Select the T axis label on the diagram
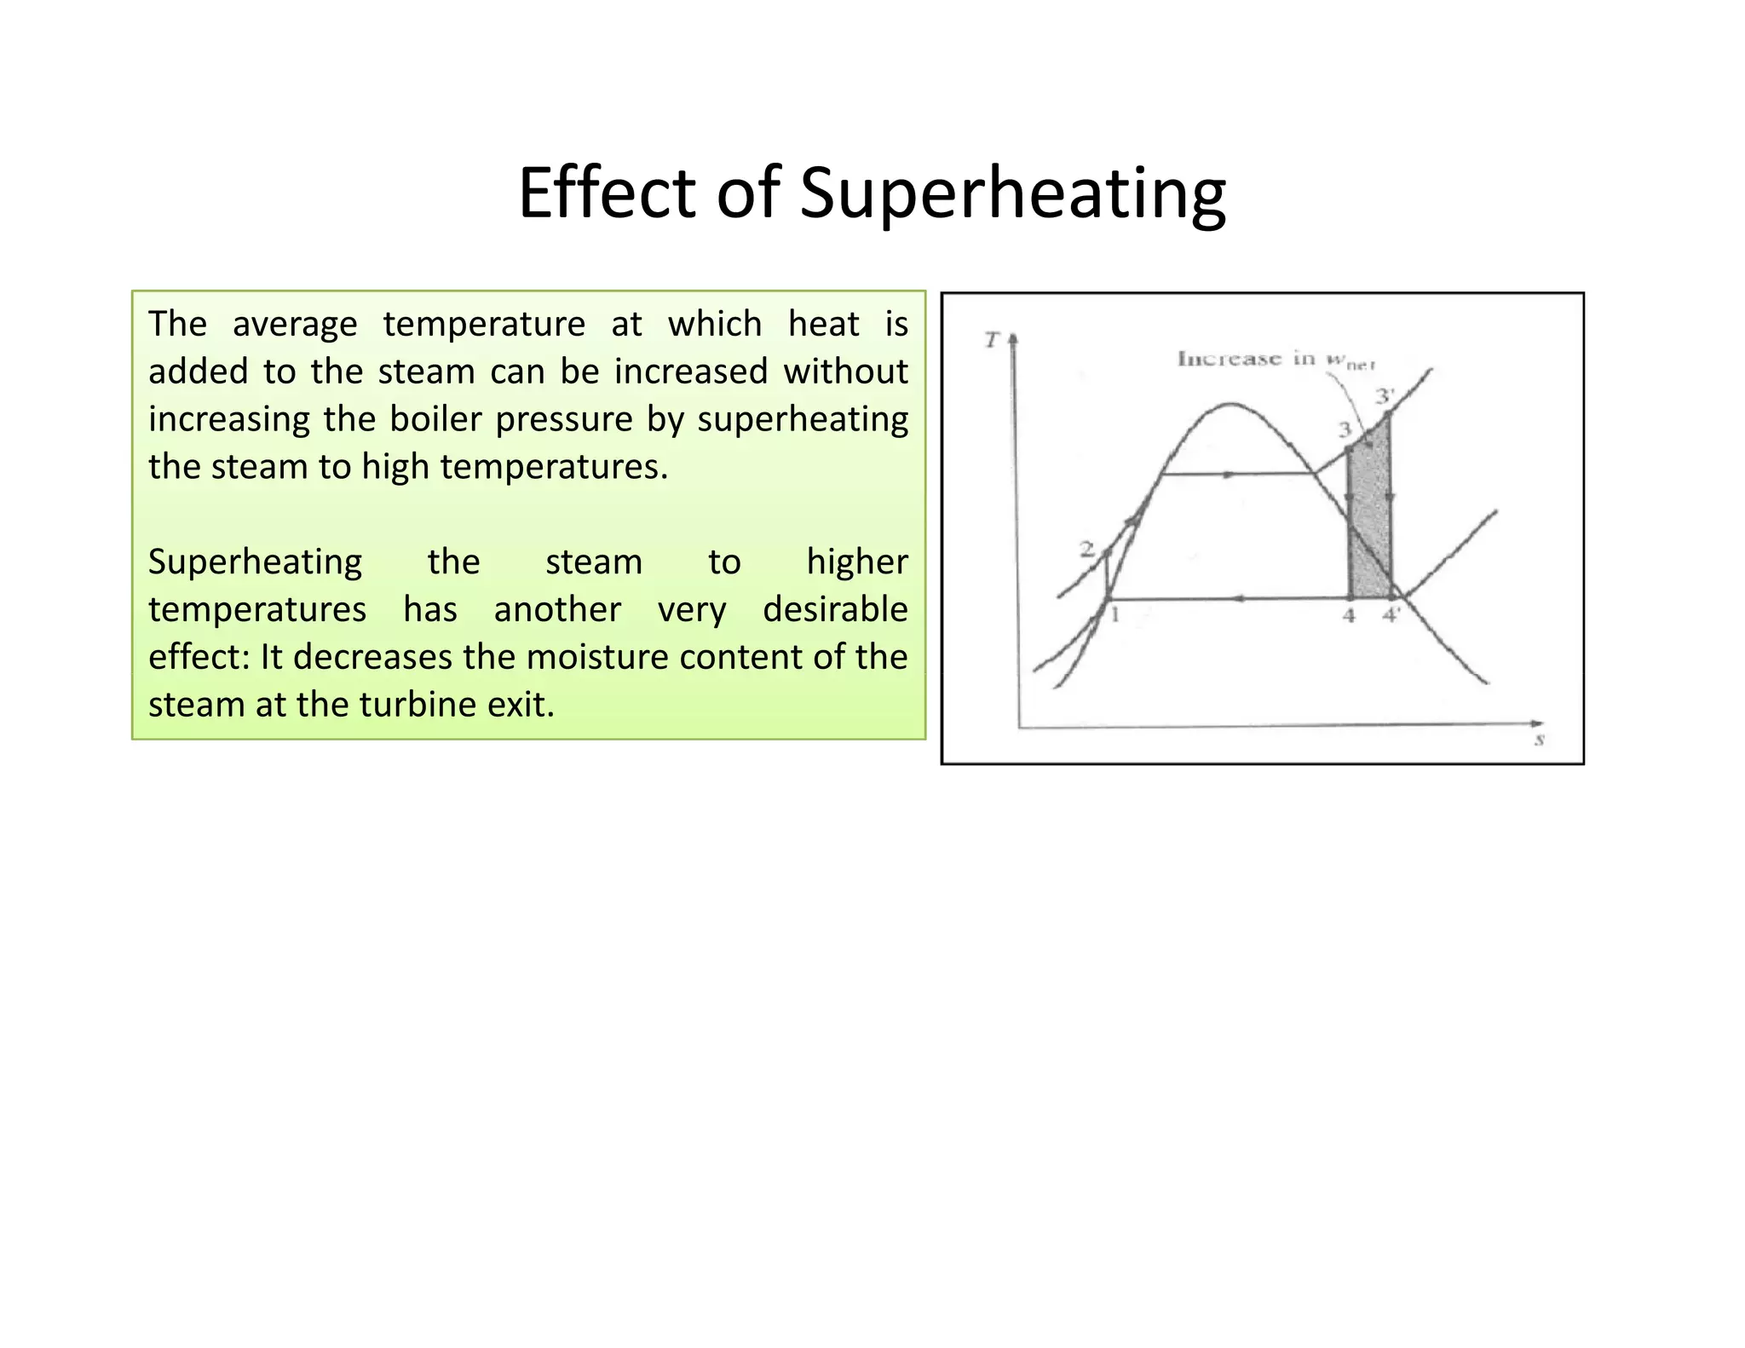coord(991,341)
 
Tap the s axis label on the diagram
coord(1540,740)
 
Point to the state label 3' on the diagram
coord(1385,397)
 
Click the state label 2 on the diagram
coord(1086,550)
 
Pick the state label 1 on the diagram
coord(1114,614)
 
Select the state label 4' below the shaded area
coord(1391,615)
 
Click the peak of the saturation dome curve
coord(1231,404)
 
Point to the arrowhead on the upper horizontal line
coord(1229,474)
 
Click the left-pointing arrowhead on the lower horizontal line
coord(1238,599)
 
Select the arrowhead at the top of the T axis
coord(1013,339)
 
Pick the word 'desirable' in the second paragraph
coord(834,609)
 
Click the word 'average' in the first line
coord(295,324)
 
